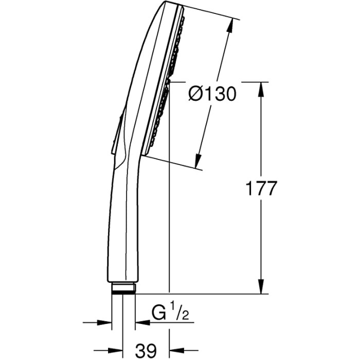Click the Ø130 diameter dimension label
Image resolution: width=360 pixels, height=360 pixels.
212,94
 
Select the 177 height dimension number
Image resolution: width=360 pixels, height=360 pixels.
261,189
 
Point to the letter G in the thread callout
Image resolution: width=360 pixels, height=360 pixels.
158,313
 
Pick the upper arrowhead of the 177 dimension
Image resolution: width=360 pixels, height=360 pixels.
261,89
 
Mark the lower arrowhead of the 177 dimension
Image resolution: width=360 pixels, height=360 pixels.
261,286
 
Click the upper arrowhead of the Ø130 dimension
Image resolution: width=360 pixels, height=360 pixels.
230,25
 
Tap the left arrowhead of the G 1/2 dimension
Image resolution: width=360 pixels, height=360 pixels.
104,322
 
